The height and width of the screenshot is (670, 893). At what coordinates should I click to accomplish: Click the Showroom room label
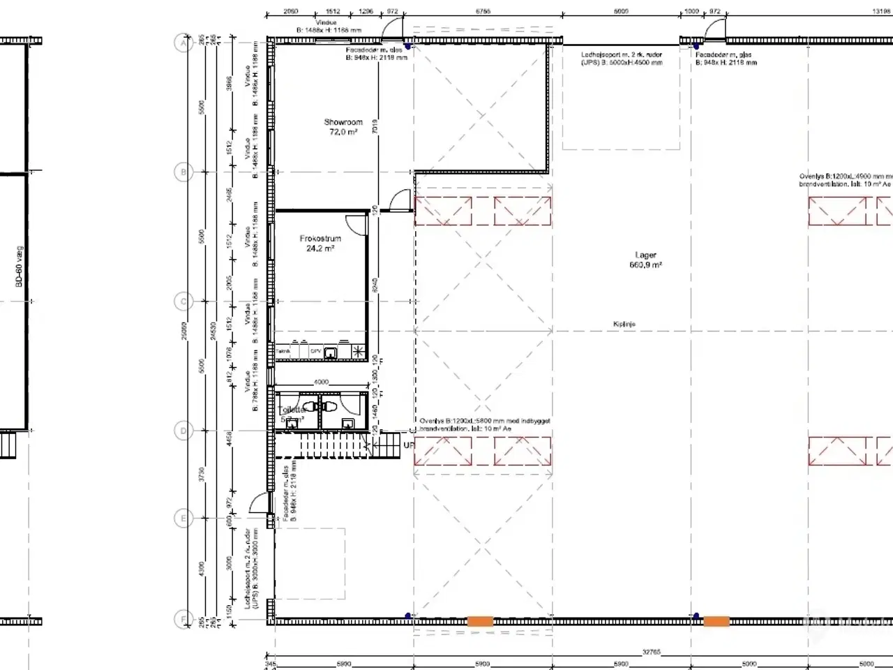(x=343, y=122)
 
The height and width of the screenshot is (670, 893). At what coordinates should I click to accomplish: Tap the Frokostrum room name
(x=320, y=239)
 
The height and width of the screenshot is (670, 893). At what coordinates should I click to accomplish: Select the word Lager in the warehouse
(x=645, y=255)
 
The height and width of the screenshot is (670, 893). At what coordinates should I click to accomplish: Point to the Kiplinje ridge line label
(x=624, y=325)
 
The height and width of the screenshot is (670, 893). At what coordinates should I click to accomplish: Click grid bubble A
(x=183, y=43)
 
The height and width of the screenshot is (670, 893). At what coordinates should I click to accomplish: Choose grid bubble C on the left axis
(x=183, y=301)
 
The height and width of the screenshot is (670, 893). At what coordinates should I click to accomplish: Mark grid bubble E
(x=183, y=519)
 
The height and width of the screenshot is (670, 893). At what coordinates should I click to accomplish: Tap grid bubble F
(x=183, y=619)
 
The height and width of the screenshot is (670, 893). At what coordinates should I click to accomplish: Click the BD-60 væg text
(x=20, y=271)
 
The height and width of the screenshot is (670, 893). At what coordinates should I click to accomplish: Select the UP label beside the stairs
(x=409, y=445)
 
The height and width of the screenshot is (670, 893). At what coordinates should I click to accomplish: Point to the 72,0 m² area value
(x=343, y=132)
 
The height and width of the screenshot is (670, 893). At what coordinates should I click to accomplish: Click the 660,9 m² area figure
(x=645, y=265)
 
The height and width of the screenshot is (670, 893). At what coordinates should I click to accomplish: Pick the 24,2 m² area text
(x=320, y=248)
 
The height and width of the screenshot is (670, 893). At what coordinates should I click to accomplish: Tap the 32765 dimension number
(x=650, y=652)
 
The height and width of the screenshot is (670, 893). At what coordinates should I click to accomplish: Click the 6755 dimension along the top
(x=482, y=11)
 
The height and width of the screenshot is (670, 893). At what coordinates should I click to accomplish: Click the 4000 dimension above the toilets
(x=320, y=382)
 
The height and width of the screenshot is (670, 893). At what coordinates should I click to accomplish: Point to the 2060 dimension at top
(x=290, y=11)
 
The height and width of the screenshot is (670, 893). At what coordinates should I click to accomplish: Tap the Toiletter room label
(x=292, y=410)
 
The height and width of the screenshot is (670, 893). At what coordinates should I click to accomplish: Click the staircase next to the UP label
(x=335, y=445)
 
